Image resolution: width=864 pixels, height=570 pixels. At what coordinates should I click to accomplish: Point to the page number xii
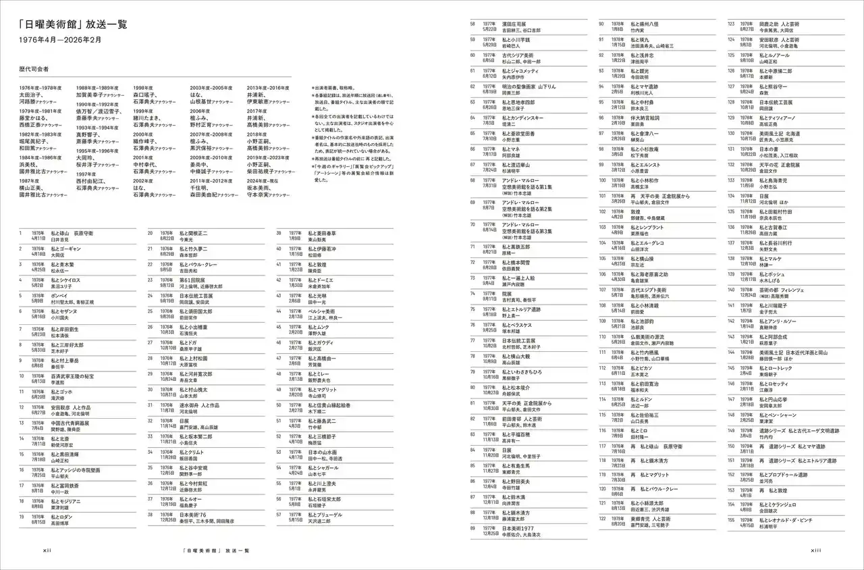click(47, 550)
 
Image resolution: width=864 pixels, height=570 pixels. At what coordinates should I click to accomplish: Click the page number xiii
click(815, 550)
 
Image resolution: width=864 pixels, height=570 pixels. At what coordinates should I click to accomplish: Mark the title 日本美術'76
click(193, 515)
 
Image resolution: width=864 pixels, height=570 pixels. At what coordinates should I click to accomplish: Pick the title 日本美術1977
click(518, 528)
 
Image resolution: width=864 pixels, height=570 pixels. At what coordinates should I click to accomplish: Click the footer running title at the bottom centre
click(215, 550)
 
